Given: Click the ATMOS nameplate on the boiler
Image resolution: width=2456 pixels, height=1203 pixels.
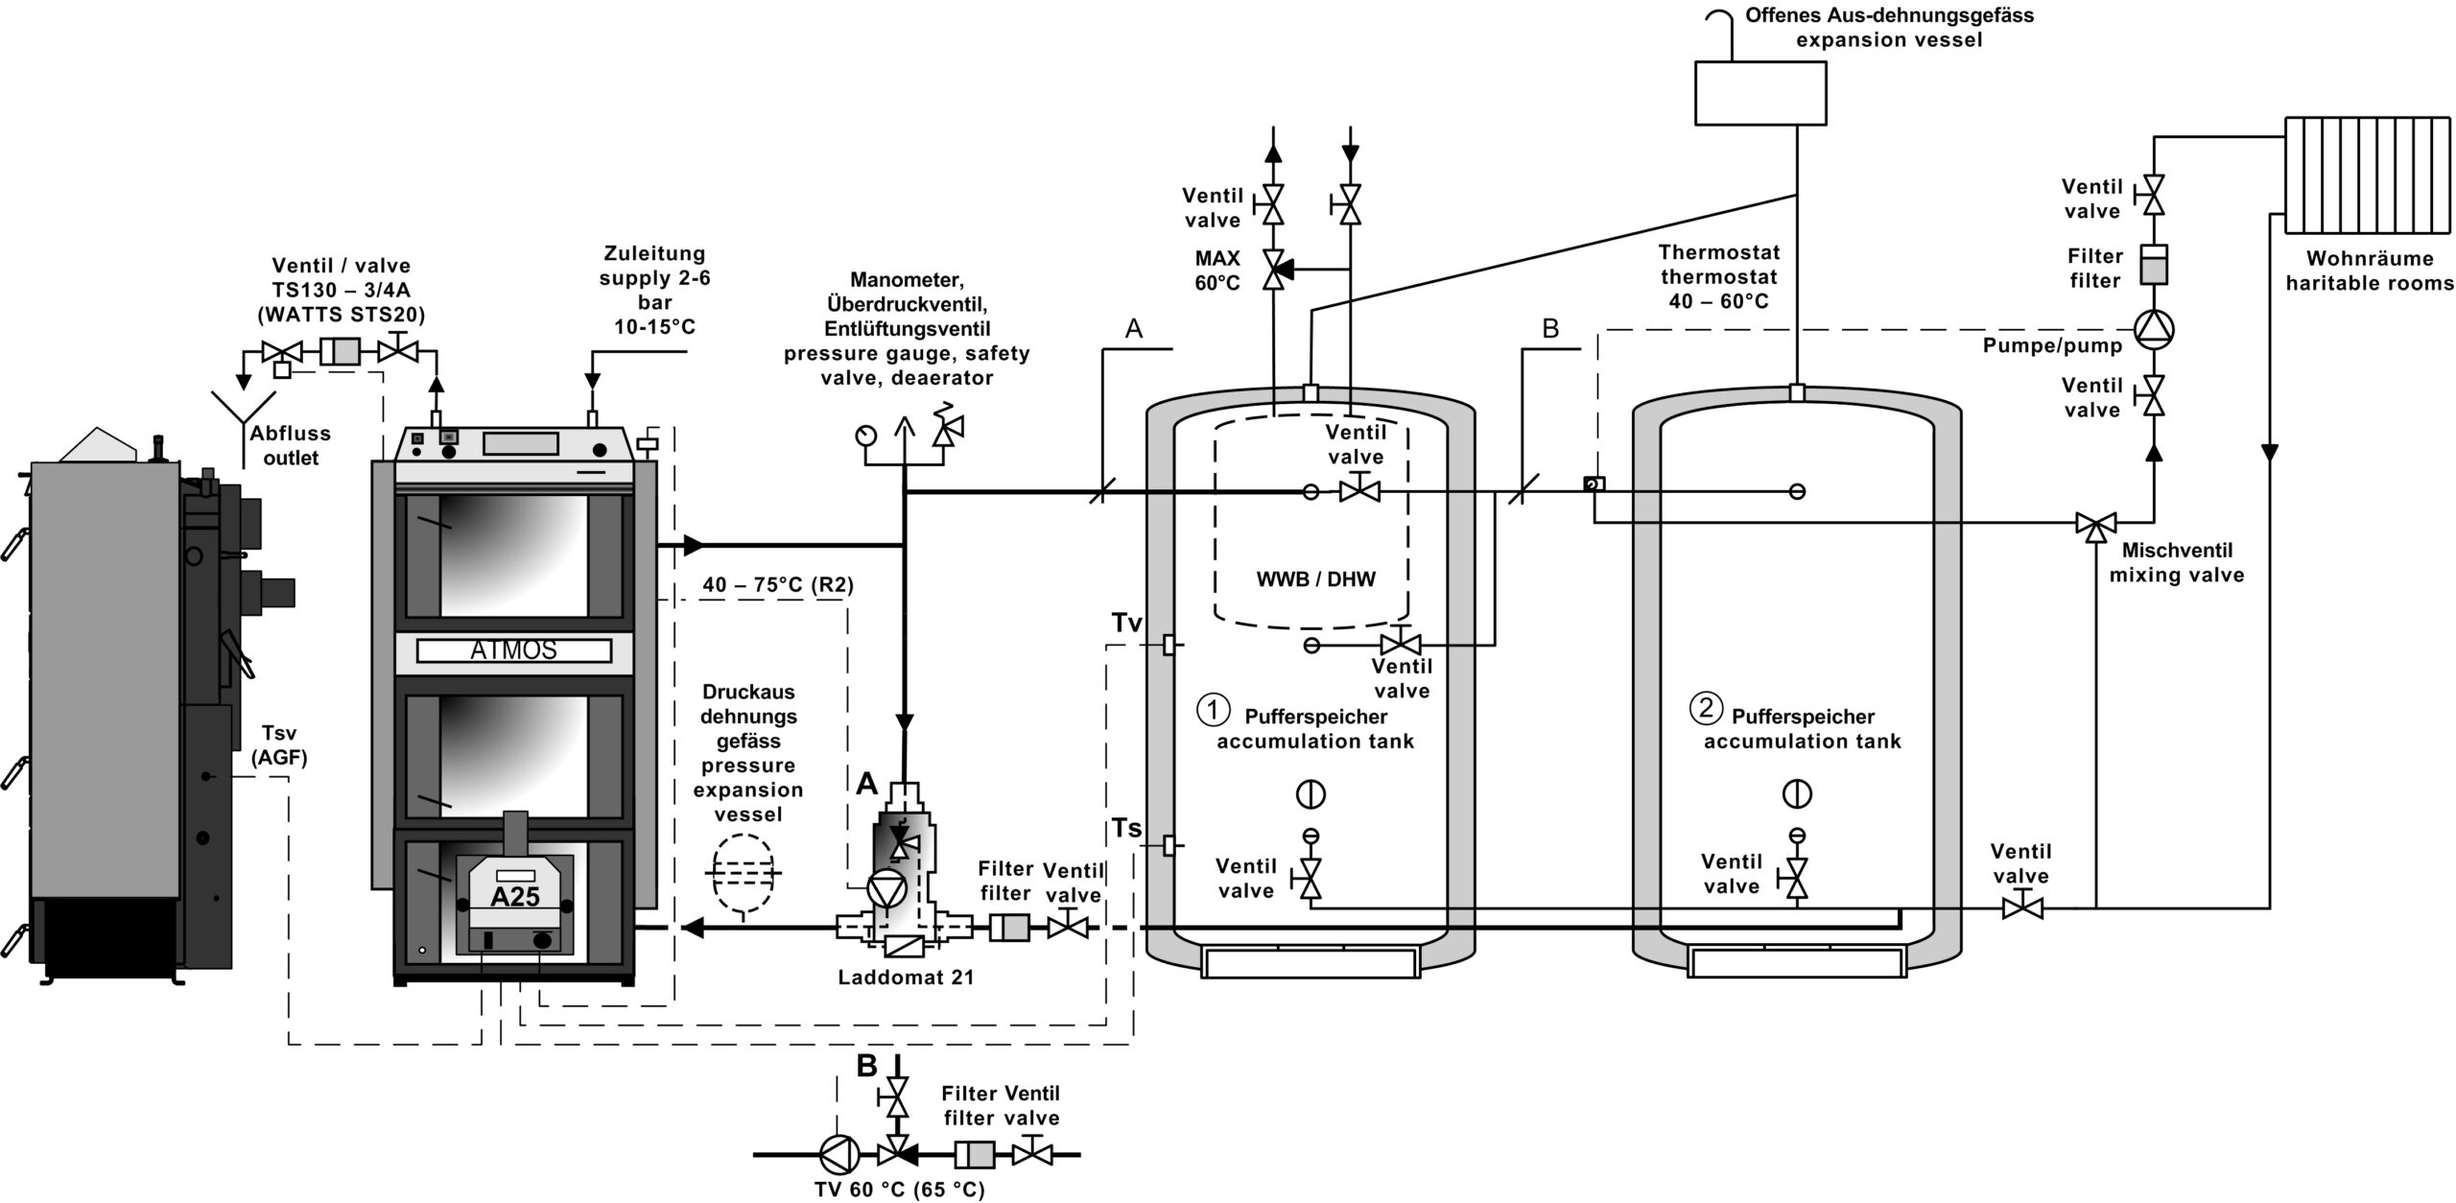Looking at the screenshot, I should (x=513, y=650).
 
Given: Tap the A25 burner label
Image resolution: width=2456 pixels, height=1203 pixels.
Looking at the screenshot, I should (x=515, y=897).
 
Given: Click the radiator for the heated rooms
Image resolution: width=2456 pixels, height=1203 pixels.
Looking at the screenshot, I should (x=2365, y=176).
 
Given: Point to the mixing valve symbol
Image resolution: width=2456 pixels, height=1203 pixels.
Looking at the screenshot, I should (x=2097, y=524).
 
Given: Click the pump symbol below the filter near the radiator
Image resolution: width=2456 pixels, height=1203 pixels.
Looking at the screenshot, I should (x=2154, y=329).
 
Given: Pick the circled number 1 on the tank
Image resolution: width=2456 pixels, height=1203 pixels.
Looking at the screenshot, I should (x=1213, y=710).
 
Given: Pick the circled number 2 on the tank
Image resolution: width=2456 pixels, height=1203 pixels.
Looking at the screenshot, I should (x=1706, y=709).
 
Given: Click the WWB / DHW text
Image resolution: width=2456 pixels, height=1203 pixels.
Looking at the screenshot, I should (x=1315, y=579).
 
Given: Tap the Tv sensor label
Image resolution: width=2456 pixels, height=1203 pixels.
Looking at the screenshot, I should (x=1127, y=624).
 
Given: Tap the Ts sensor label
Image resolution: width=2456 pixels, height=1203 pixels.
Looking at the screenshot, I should (x=1127, y=827).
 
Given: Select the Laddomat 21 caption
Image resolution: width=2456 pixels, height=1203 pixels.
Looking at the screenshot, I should (x=906, y=978).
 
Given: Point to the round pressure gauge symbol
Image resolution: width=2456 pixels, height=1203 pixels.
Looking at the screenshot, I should (x=866, y=435).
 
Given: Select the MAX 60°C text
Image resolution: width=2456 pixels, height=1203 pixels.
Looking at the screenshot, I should (x=1217, y=271).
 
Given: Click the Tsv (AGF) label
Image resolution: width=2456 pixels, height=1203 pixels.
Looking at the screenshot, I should (x=279, y=745).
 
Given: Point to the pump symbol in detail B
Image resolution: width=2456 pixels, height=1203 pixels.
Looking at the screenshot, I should (x=837, y=1154).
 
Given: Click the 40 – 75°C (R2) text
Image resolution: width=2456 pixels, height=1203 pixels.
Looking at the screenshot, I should (x=778, y=585).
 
